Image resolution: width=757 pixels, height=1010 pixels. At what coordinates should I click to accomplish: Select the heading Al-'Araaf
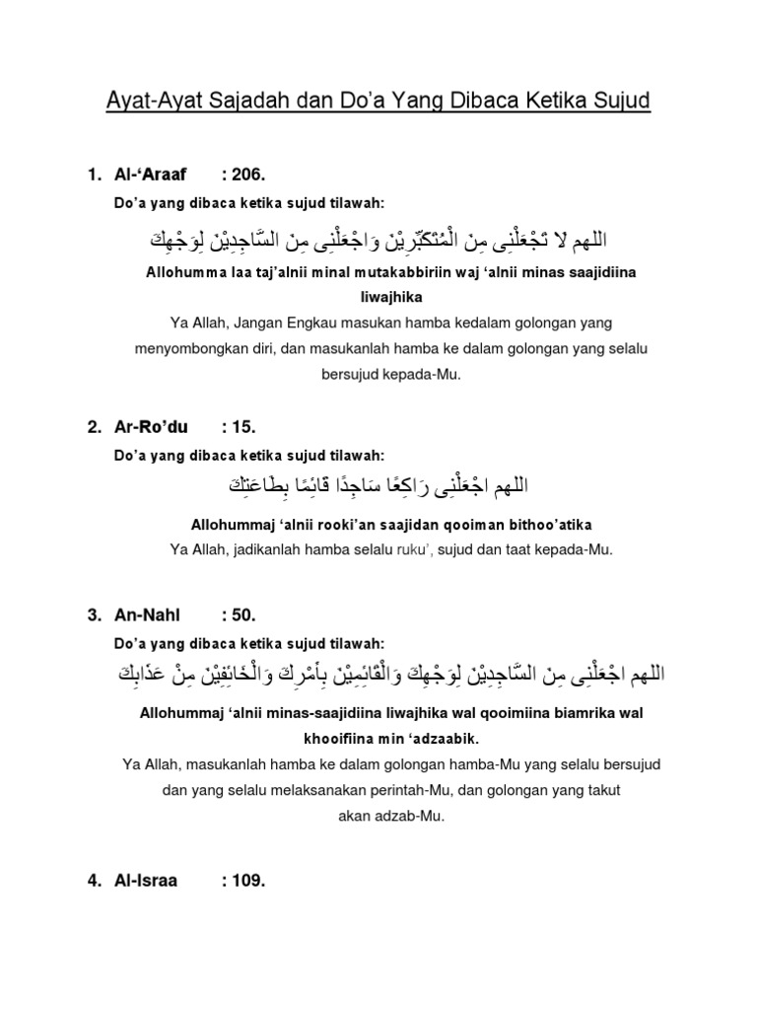pyautogui.click(x=147, y=176)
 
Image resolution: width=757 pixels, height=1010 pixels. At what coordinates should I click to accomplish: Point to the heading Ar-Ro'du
pyautogui.click(x=145, y=427)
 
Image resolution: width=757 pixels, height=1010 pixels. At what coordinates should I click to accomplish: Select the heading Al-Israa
pyautogui.click(x=145, y=881)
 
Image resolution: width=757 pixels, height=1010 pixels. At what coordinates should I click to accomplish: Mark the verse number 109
pyautogui.click(x=243, y=881)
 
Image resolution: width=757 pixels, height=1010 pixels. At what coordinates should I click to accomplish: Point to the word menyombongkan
pyautogui.click(x=191, y=349)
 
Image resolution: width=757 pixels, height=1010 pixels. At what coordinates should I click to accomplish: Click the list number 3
pyautogui.click(x=93, y=615)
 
